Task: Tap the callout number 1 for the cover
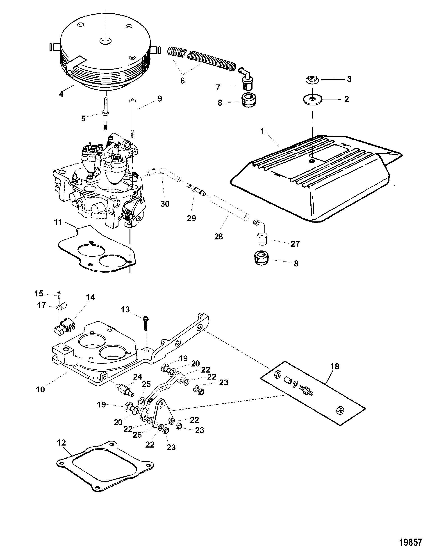click(262, 131)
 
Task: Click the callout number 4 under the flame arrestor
click(61, 94)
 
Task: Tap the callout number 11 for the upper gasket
click(58, 222)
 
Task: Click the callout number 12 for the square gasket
click(61, 443)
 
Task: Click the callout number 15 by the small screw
click(39, 293)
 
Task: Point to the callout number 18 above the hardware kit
click(335, 366)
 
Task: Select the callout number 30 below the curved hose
click(165, 203)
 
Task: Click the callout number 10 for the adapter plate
click(40, 389)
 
